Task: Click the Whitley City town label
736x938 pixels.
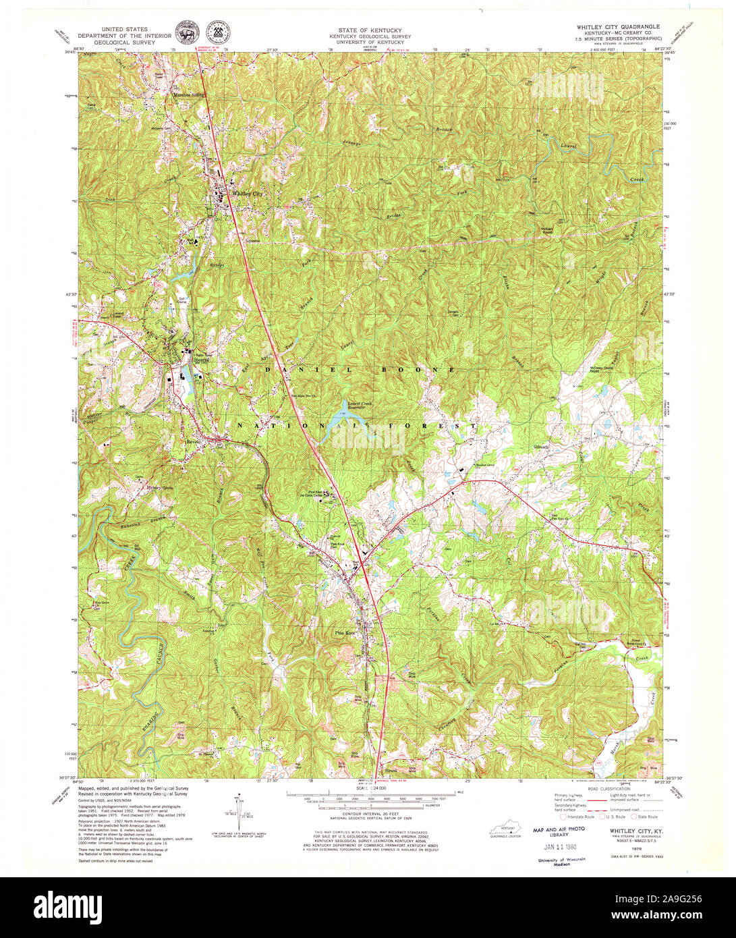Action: [x=245, y=193]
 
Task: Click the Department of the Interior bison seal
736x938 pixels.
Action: [x=183, y=32]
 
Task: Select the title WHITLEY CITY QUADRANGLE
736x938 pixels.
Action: [x=617, y=27]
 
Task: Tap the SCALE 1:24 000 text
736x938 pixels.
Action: [x=372, y=788]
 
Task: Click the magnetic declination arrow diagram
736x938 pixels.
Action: [x=240, y=808]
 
